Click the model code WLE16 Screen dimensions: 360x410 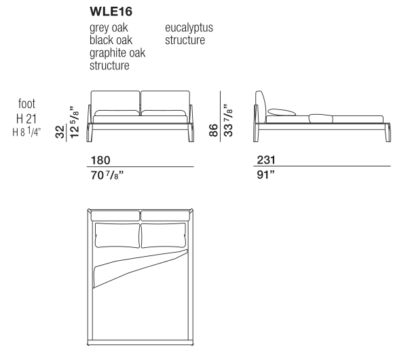click(x=109, y=12)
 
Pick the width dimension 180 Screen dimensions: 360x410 click(x=100, y=160)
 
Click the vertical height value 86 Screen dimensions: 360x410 click(x=212, y=129)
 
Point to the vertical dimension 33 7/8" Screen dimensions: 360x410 click(x=227, y=120)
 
